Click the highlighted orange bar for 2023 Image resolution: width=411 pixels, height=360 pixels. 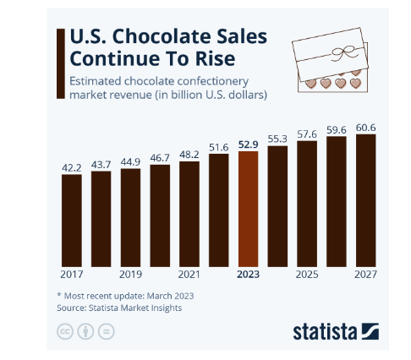point(248,209)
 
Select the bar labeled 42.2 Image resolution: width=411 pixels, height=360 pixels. point(72,221)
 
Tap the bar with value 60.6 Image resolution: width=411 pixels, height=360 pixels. point(365,200)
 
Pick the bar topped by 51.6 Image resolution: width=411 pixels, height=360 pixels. point(219,210)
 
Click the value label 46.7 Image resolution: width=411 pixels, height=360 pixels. point(160,158)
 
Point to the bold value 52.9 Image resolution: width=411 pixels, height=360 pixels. point(248,145)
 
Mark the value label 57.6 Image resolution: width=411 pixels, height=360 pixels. point(307,134)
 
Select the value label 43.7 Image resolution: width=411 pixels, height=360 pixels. point(101,165)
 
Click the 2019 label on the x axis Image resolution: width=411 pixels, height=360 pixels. point(130,275)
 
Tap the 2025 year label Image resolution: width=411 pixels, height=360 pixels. point(307,275)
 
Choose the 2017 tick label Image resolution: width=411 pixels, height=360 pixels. point(72,275)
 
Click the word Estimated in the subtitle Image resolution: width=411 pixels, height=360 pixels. point(96,81)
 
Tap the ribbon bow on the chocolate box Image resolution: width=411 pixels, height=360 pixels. point(342,53)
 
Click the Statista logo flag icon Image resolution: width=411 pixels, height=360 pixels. point(370,331)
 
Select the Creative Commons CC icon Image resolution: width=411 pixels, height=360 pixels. point(65,331)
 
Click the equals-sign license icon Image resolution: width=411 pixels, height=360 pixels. point(107,331)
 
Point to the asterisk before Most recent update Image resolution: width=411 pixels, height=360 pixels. point(59,295)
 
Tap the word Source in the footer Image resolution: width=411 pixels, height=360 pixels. point(72,308)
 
